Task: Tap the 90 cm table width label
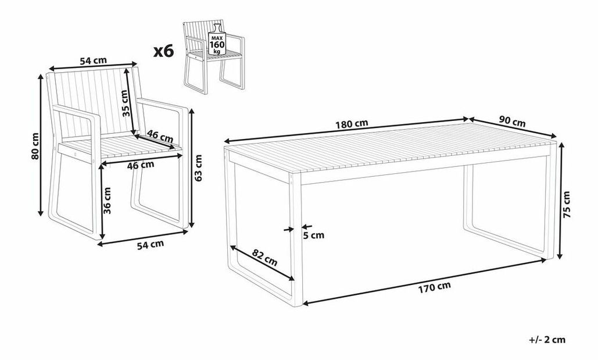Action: coord(512,123)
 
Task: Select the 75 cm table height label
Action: coord(567,204)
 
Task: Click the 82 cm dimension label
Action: coord(265,257)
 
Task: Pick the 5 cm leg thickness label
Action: coord(313,235)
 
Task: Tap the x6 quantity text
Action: coord(164,51)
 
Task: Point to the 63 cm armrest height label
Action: coord(198,167)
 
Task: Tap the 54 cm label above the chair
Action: coord(94,60)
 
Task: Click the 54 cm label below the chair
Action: coord(151,244)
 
